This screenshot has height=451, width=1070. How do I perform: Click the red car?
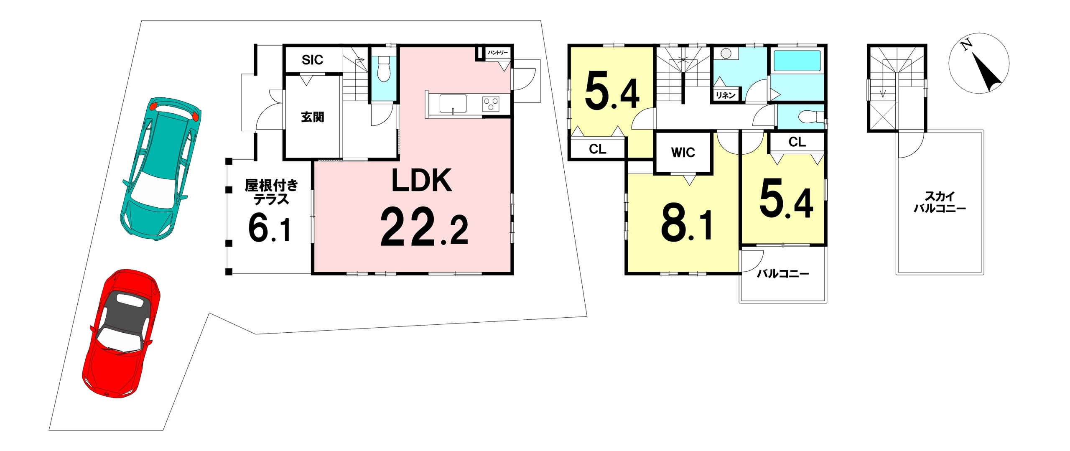121,333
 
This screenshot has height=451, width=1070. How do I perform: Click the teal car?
160,169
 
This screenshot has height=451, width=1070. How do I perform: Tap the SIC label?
312,60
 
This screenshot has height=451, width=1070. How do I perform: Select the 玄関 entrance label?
312,117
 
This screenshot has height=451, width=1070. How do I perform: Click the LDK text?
421,181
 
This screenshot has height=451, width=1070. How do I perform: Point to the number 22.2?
424,227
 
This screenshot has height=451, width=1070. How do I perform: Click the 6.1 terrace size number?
270,228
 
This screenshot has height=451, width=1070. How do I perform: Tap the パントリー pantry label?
498,53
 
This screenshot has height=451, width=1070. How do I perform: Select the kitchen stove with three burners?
491,104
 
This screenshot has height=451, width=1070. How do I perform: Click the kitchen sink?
453,104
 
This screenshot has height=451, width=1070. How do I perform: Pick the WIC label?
683,153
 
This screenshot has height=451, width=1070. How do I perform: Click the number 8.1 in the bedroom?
686,226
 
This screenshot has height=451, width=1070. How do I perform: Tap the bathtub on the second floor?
797,61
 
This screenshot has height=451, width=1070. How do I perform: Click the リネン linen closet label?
725,95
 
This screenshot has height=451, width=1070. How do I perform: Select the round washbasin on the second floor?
726,54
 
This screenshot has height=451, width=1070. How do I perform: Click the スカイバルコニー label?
940,202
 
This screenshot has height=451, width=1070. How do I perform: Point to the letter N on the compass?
966,44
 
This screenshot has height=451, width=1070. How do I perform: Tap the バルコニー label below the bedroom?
783,274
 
